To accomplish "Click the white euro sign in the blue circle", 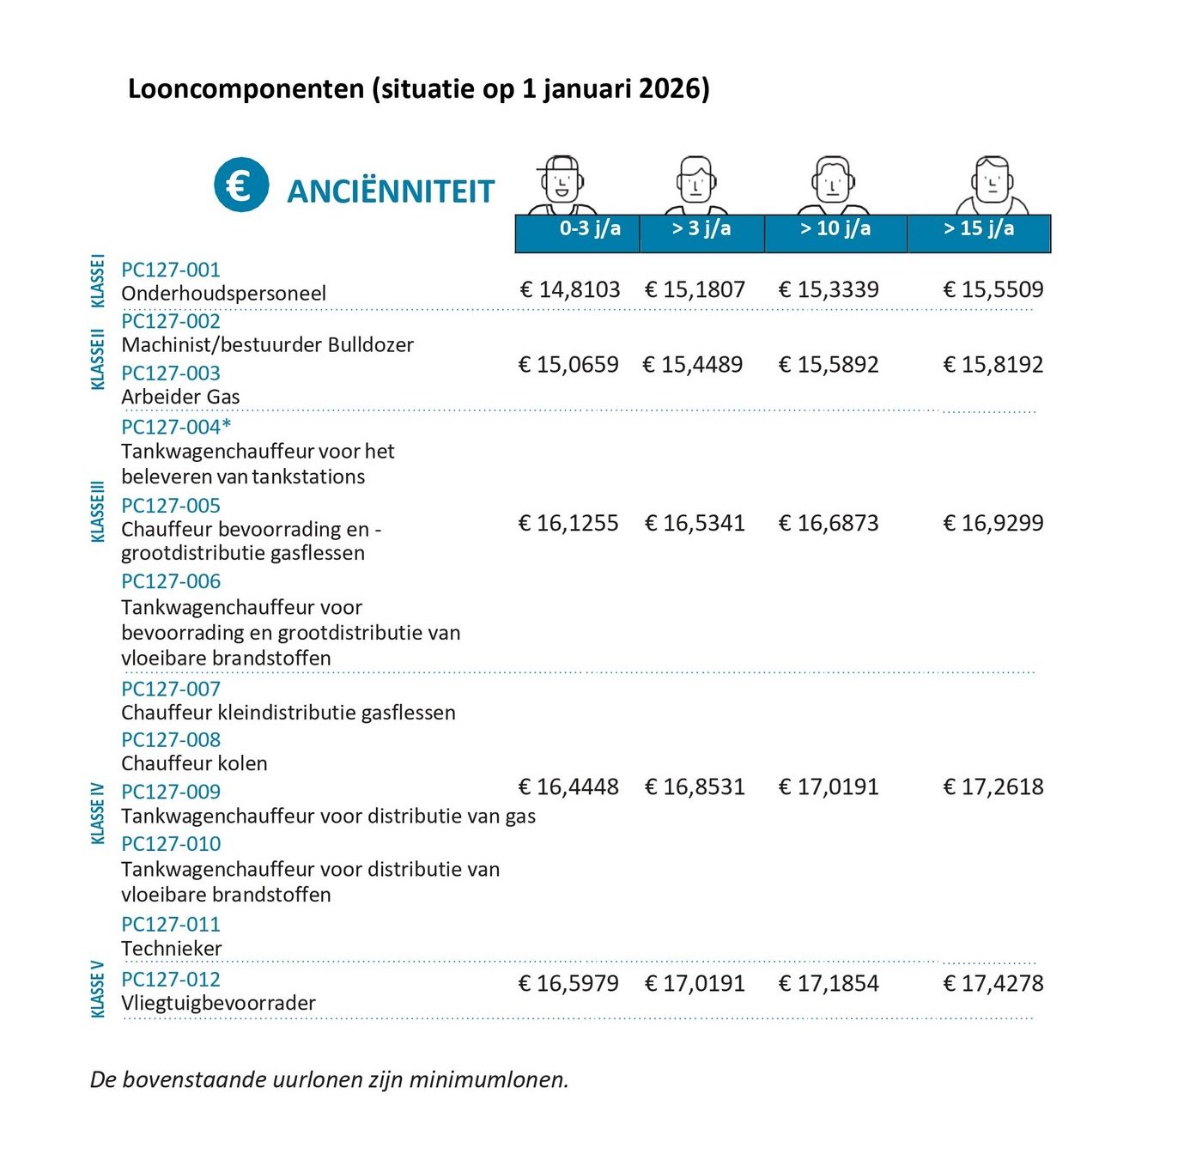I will pos(240,185).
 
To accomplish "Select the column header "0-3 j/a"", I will pos(590,228).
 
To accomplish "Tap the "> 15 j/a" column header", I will pos(979,228).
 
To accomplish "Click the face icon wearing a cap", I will pos(562,182).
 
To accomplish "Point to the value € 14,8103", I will pos(570,289).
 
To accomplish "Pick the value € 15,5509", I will pos(993,289).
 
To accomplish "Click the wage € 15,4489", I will pos(693,365).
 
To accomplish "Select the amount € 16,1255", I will pos(568,523).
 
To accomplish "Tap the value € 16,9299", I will pos(993,523).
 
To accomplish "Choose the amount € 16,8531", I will pos(695,786).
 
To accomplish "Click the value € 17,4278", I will pos(993,983).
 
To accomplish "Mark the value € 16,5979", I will pos(568,983).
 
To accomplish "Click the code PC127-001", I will pos(171,270).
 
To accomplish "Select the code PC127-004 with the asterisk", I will pos(176,427).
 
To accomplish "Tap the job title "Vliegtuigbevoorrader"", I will pos(218,1003).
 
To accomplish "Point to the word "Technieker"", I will pos(172,949).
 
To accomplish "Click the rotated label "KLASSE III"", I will pos(98,512).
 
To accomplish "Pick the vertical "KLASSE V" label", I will pos(98,989).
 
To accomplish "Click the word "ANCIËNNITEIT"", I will pos(391,191).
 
